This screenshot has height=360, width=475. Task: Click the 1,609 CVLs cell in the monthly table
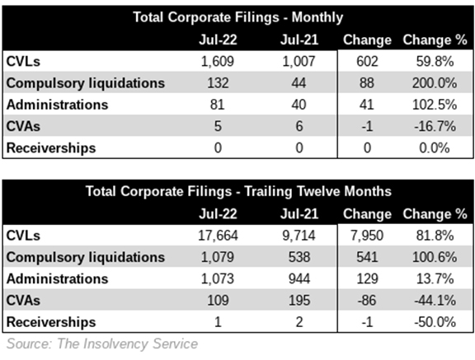coord(218,62)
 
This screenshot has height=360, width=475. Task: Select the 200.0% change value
coord(435,83)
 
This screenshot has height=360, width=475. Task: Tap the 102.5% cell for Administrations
coord(435,105)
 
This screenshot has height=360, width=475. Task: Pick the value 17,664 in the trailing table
coord(218,236)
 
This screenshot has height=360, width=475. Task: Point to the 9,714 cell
coord(299,236)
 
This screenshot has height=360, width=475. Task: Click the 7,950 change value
coord(367,236)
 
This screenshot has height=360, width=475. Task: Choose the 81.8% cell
coord(435,236)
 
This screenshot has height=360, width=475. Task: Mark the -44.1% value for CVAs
coord(435,301)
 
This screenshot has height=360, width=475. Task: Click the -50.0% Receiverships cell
coord(435,322)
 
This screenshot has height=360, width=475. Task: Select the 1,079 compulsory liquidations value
coord(218,257)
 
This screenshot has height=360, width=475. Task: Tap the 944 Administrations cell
coord(299,278)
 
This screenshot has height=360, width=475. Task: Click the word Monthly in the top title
coord(317,17)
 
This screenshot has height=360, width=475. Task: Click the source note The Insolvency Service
coord(128,344)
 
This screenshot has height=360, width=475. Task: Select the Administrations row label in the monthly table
coord(57,105)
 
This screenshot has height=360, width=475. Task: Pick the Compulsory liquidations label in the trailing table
coord(86,258)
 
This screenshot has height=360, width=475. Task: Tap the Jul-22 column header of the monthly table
coord(218,40)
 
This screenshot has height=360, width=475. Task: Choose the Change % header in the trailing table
coord(435,214)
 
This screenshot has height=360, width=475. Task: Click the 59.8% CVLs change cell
coord(435,62)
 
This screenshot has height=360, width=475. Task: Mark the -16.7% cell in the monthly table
coord(435,126)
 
